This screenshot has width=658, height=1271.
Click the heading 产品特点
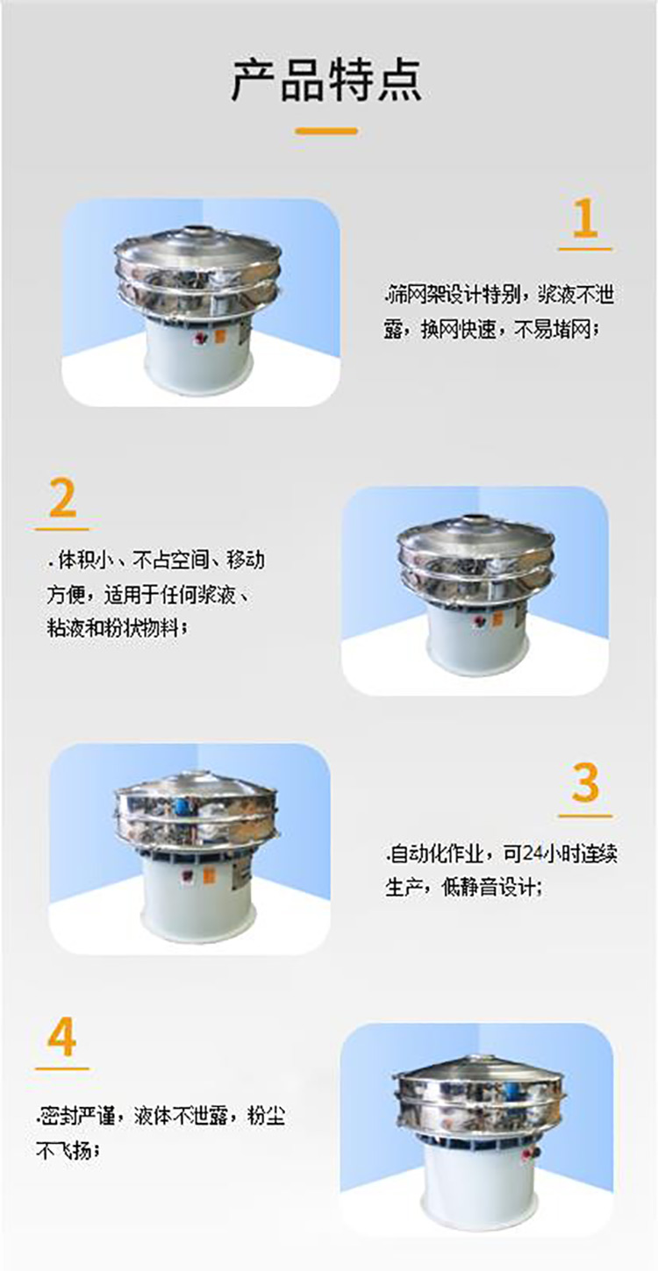click(327, 81)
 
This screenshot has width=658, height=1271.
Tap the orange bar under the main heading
click(326, 131)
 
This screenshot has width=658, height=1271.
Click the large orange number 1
click(584, 218)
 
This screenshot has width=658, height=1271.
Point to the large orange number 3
click(585, 783)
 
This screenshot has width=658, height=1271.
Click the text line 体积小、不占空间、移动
click(155, 560)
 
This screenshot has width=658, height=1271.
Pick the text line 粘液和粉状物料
click(117, 628)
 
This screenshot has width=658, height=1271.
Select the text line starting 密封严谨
click(161, 1116)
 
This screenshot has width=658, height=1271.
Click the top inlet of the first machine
click(201, 233)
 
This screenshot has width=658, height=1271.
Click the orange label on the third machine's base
click(209, 875)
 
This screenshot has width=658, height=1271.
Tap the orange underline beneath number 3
click(585, 816)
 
